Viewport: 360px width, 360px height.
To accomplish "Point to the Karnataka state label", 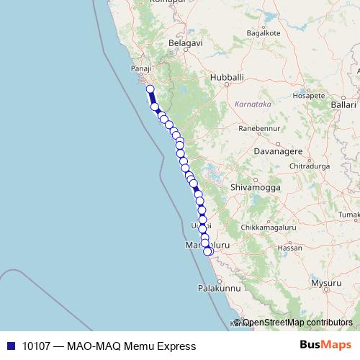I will (252, 104).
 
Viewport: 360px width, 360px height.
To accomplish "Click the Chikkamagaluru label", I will (268, 228).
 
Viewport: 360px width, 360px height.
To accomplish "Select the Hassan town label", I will (289, 247).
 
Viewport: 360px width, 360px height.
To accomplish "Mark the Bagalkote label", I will (262, 33).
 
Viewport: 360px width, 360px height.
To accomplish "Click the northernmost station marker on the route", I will (150, 89).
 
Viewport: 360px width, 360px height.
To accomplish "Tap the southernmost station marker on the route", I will (208, 251).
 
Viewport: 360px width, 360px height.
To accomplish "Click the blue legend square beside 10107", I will (11, 346).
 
